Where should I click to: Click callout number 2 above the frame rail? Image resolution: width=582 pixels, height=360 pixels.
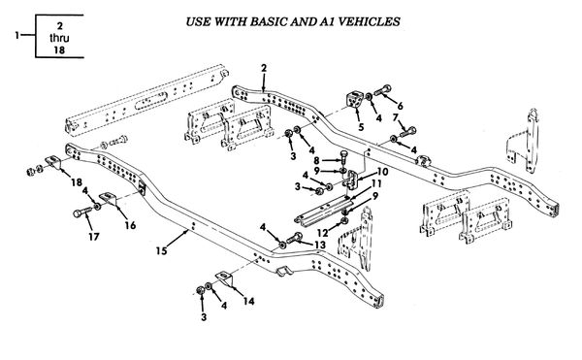264,68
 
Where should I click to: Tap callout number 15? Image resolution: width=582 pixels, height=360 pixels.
161,251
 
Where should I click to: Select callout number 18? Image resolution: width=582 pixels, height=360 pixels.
77,182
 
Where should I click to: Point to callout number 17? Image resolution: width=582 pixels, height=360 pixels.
93,237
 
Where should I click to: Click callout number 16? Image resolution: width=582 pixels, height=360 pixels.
130,225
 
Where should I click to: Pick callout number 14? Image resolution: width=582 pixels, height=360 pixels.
248,301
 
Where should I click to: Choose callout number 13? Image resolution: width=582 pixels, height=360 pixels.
319,245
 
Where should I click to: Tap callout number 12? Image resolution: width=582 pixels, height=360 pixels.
323,233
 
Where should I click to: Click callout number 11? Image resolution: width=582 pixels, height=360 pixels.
376,183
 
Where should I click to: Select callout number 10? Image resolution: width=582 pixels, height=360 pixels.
383,172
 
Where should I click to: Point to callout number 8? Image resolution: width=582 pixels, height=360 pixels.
316,161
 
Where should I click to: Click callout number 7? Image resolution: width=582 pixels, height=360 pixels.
396,117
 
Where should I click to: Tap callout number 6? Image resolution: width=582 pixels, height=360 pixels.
400,106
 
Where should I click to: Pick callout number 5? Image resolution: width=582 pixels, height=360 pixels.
361,127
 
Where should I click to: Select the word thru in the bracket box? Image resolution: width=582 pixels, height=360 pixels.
59,38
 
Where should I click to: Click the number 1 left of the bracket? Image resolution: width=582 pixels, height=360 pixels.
17,36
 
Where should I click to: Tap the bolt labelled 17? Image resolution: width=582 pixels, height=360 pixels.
82,213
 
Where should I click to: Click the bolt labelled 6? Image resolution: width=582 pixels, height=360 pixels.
382,90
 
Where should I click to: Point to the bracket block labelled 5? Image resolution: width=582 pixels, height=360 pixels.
354,99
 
